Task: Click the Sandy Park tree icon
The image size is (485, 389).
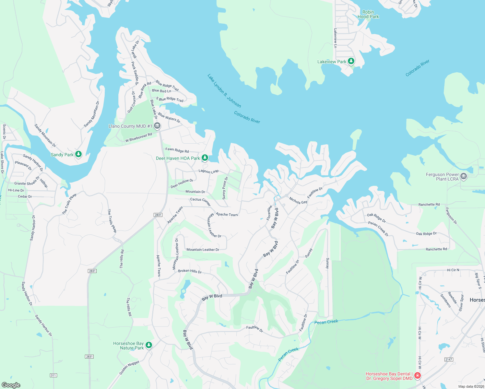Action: point(78,154)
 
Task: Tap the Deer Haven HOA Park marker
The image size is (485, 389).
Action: point(205,158)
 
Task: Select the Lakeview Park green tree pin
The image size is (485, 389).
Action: point(351,61)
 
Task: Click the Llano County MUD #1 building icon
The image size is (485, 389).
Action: point(157,126)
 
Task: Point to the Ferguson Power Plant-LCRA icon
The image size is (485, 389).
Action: point(464,176)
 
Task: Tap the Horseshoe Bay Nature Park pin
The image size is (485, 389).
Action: point(149,345)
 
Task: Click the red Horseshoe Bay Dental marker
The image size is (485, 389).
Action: point(418,376)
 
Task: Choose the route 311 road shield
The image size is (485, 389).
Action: point(53,375)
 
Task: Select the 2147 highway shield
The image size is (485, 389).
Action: point(449,360)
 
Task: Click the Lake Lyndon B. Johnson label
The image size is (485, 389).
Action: point(224,91)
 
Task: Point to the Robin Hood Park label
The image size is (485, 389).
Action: point(368,14)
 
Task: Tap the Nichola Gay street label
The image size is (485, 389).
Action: point(298,201)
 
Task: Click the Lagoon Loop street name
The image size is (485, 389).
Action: point(208,171)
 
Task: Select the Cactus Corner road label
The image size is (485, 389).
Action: point(200,201)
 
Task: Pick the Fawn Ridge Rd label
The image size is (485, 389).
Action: point(177,150)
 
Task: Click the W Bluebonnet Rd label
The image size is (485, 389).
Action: point(139,137)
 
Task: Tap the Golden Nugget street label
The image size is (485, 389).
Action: point(129,368)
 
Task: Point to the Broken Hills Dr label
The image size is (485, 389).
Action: point(190,271)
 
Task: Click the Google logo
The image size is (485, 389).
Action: point(11,385)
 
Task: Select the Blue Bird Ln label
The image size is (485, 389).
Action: point(161,91)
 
